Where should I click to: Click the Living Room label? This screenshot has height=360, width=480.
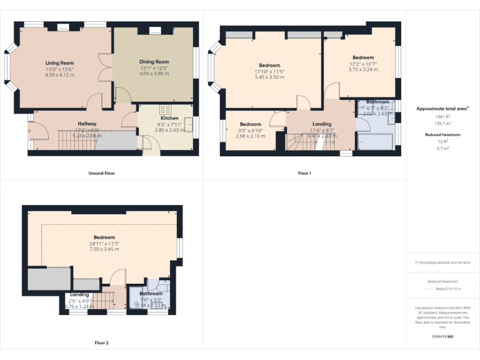pos(59,63)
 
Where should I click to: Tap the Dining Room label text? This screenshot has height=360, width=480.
pos(154,62)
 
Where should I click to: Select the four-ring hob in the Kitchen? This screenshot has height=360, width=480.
pos(165,109)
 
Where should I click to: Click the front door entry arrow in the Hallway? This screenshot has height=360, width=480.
pos(27,131)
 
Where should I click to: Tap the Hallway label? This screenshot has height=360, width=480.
pos(87,124)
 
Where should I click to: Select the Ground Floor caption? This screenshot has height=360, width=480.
pos(102,173)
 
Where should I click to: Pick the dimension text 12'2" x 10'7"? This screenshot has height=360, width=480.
pos(362,63)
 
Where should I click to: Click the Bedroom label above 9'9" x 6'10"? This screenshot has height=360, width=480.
pos(250,124)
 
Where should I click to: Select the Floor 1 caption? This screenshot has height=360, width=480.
pos(304,173)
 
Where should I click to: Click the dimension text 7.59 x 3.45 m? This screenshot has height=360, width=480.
pos(104,249)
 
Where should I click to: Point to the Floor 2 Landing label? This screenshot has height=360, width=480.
pos(79,295)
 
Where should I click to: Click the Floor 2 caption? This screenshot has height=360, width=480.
pos(101,343)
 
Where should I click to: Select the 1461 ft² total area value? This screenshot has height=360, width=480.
pos(442,117)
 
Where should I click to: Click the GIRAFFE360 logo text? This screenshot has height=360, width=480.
pos(442,337)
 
